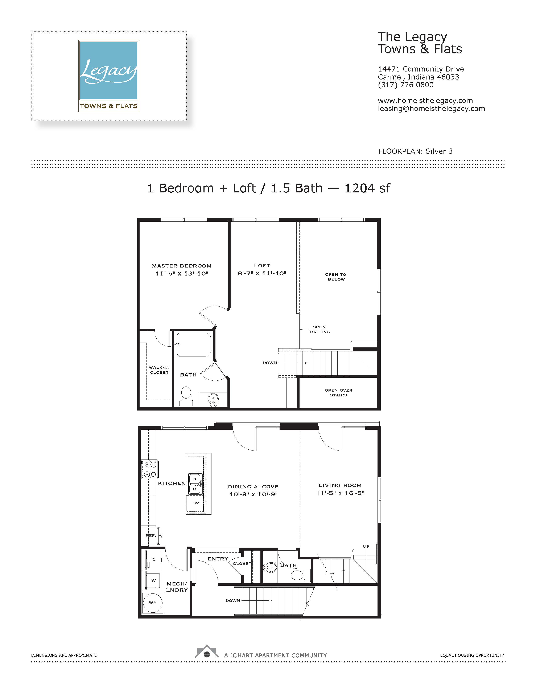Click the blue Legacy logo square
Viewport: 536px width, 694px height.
[109, 70]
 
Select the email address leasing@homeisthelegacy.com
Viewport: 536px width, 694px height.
[431, 109]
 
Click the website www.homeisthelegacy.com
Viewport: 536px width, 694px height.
[425, 101]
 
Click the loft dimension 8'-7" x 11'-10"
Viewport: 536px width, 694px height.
[262, 273]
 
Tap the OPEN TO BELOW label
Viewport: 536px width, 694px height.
[336, 277]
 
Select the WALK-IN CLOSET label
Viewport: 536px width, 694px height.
[159, 370]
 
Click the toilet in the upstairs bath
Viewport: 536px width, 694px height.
[186, 396]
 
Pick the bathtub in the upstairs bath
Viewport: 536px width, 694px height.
[194, 344]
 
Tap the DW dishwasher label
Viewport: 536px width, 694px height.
[195, 503]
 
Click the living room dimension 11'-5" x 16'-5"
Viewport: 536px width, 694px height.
[340, 493]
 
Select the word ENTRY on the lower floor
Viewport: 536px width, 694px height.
[218, 559]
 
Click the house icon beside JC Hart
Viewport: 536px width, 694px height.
[207, 652]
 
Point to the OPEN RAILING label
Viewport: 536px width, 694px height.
[319, 329]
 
